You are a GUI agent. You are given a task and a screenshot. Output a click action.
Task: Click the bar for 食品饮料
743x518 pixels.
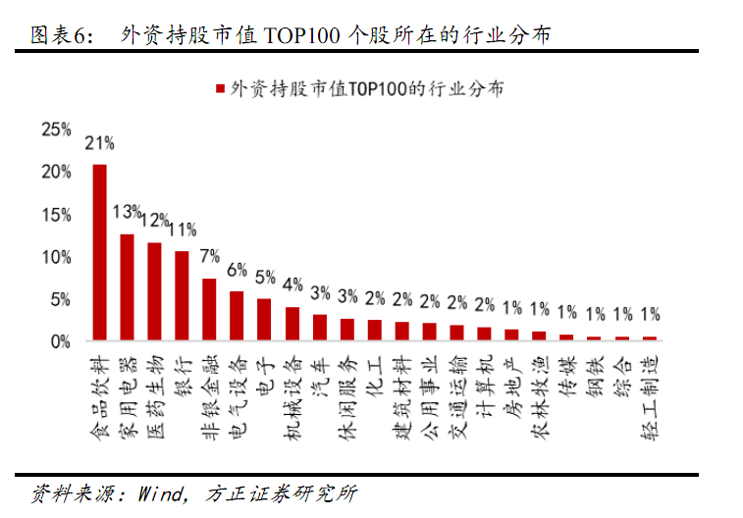(x=99, y=252)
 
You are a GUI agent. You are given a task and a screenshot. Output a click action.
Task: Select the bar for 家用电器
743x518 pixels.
(x=127, y=287)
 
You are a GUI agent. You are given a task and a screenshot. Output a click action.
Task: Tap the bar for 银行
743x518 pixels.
(x=182, y=296)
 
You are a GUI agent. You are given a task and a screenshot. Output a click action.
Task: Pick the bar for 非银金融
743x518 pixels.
(x=209, y=310)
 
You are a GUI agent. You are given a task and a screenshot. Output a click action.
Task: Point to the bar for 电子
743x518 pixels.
(x=264, y=320)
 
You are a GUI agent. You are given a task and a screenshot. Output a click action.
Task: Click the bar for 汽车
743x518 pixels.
(x=320, y=328)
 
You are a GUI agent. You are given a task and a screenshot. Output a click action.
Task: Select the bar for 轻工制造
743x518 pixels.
(x=650, y=338)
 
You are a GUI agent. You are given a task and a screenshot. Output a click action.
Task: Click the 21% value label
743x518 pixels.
(x=99, y=143)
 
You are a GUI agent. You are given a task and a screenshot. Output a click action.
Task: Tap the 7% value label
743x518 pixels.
(x=209, y=256)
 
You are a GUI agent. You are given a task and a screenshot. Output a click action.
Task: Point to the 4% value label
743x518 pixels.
(x=292, y=285)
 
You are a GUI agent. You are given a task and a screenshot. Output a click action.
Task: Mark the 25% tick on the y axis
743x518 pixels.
(x=56, y=129)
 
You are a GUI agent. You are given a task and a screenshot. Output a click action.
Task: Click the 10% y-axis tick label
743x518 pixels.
(x=56, y=257)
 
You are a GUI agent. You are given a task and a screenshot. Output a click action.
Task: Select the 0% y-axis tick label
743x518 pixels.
(x=61, y=341)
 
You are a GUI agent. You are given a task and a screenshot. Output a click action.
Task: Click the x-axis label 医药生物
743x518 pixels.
(x=155, y=397)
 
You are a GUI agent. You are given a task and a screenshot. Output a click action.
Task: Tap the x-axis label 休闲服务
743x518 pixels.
(x=347, y=397)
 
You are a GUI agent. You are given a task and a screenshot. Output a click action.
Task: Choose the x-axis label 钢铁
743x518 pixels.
(x=595, y=377)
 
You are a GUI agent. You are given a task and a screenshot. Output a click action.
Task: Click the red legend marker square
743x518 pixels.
(x=220, y=88)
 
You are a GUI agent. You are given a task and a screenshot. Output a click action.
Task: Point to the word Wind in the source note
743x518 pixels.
(x=160, y=493)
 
